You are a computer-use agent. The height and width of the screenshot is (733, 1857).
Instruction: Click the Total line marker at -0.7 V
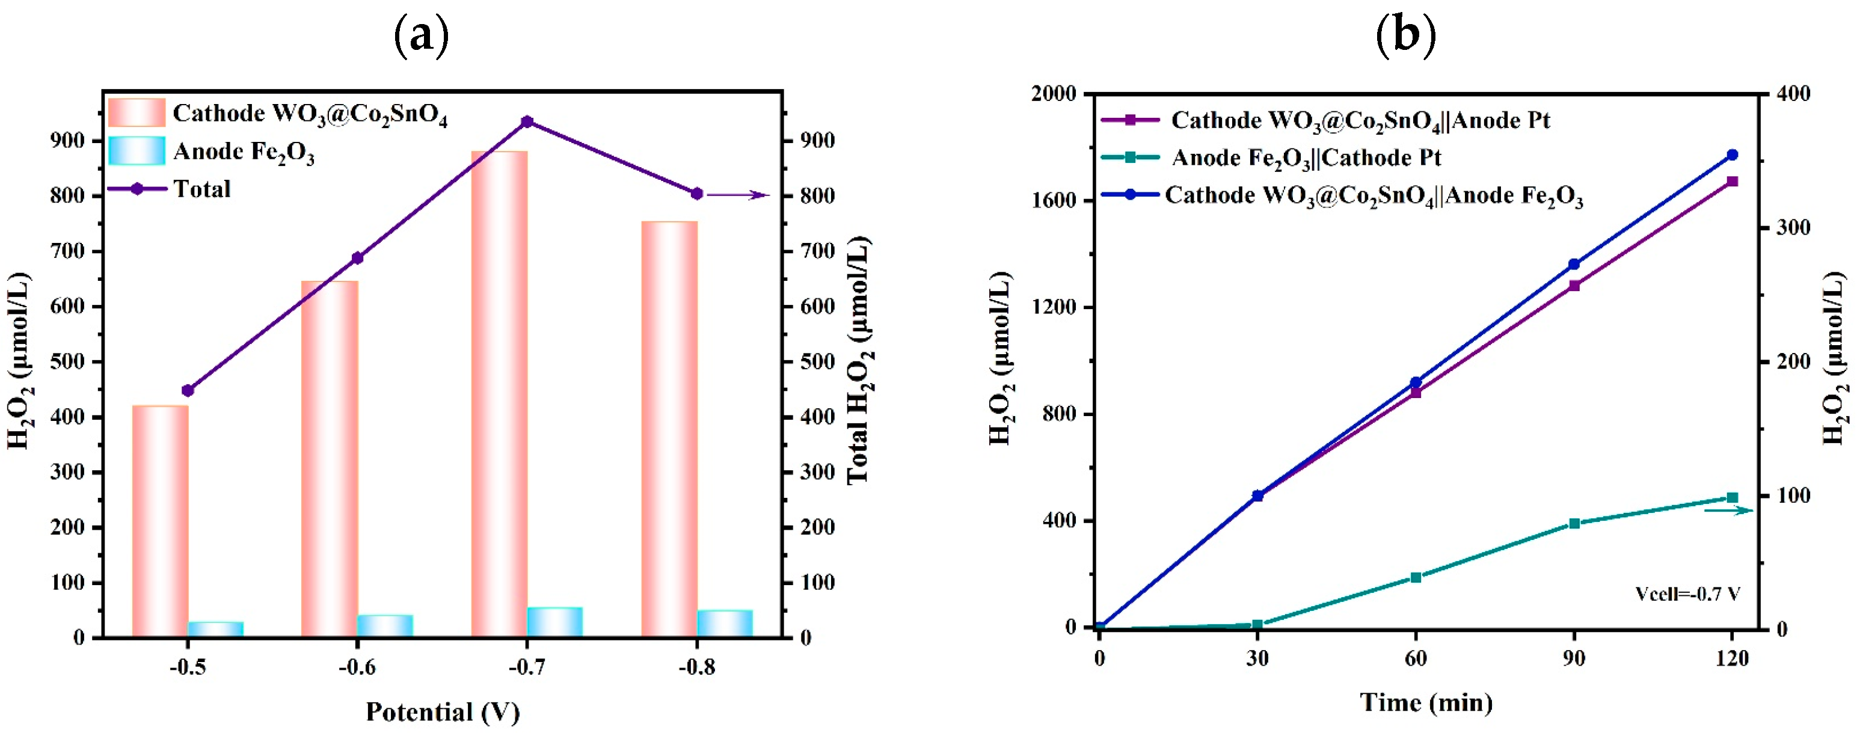[x=527, y=122]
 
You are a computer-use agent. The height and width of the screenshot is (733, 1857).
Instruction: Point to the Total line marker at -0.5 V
[x=188, y=391]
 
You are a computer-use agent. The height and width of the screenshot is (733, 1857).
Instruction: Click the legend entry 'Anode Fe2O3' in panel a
[x=244, y=152]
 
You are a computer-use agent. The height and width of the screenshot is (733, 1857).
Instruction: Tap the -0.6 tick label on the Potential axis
[x=358, y=667]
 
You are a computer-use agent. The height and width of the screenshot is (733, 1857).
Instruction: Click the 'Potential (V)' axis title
[x=443, y=711]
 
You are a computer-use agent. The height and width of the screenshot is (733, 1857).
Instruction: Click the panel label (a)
[x=422, y=35]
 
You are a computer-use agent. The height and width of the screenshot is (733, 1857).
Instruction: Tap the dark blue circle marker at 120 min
[x=1733, y=155]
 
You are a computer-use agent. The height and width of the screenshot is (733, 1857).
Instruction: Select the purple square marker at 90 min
[x=1574, y=286]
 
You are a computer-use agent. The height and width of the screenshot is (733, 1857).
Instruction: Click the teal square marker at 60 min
[x=1416, y=577]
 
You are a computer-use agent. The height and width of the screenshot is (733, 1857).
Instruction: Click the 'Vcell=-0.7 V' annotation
[x=1687, y=594]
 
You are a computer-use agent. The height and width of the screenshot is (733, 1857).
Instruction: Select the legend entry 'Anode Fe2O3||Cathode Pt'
[x=1306, y=157]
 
